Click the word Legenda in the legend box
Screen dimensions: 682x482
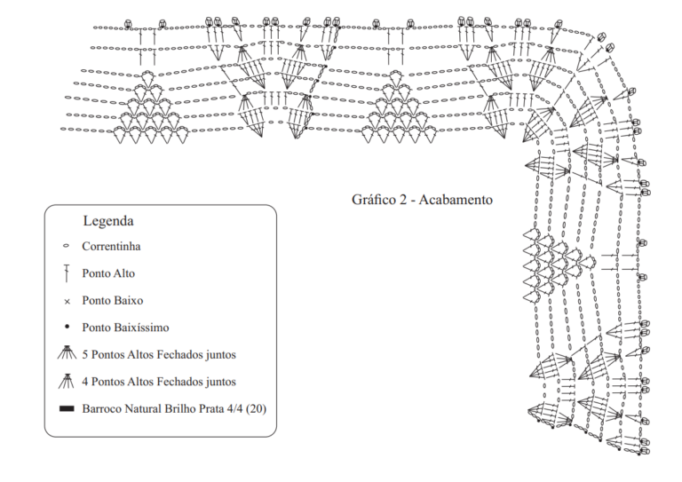(108, 221)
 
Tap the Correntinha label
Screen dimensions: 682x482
(111, 247)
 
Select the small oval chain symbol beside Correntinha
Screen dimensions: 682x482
(66, 246)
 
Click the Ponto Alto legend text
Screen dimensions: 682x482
(108, 273)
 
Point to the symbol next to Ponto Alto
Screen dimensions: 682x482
(67, 273)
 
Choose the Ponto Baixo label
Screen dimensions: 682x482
(113, 300)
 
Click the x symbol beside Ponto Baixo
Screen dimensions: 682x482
(67, 301)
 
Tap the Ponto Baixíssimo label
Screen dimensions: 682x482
(125, 328)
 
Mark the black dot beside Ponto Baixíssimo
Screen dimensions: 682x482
(67, 326)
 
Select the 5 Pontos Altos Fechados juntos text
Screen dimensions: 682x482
(159, 355)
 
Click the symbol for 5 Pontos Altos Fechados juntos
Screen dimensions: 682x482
(67, 352)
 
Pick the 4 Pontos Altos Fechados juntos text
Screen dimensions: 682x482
(159, 382)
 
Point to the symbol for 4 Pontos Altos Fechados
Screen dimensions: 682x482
(66, 380)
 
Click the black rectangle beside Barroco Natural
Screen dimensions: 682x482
(67, 408)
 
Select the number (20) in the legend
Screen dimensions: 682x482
(256, 409)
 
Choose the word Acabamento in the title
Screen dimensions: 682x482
(456, 200)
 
